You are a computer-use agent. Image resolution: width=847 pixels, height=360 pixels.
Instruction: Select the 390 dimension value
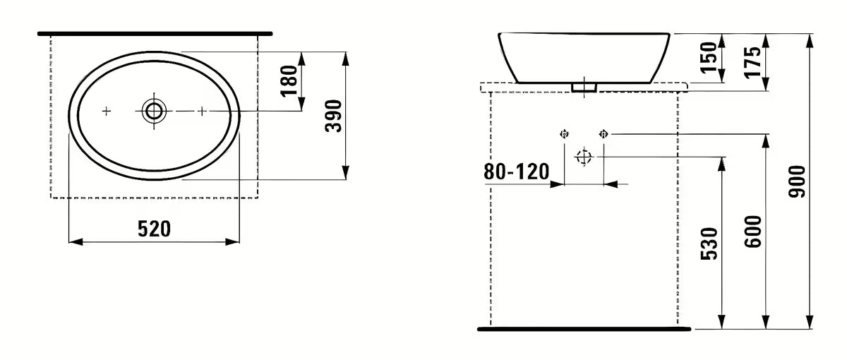click(x=335, y=116)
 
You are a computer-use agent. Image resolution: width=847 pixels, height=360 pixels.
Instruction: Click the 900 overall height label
click(x=797, y=181)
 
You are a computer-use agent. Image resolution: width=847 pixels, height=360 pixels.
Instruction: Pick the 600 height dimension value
click(x=753, y=232)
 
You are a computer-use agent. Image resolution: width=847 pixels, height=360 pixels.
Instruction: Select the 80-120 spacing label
click(x=517, y=172)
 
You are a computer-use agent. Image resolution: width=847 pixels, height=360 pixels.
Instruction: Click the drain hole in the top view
click(x=154, y=110)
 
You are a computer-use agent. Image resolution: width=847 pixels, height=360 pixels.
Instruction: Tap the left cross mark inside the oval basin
click(x=107, y=111)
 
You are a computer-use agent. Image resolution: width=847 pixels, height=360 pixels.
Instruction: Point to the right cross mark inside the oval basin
click(x=202, y=111)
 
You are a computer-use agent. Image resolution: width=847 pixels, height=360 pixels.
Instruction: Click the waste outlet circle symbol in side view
click(x=583, y=157)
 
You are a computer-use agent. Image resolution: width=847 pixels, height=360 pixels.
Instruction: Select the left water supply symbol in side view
click(x=564, y=133)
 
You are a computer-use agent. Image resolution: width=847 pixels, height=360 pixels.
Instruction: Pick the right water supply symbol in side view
click(x=603, y=133)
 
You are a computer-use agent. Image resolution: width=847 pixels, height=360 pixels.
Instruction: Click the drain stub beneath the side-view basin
click(x=584, y=87)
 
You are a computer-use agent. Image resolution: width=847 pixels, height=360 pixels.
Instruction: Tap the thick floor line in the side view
click(x=584, y=329)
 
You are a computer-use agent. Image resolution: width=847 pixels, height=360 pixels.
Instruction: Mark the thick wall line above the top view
click(x=155, y=33)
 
